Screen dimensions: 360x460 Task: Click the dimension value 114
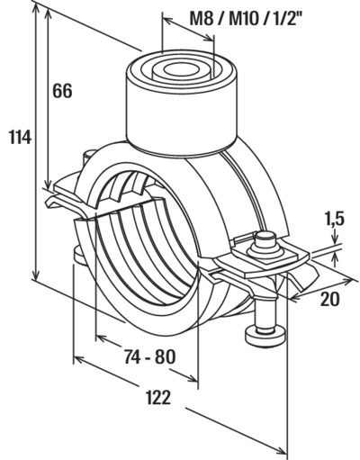(x=20, y=138)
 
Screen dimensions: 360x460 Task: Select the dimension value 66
(x=62, y=91)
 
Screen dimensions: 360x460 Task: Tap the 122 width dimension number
(x=158, y=397)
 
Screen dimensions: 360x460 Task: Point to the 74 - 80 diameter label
(x=149, y=356)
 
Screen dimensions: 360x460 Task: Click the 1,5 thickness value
(x=334, y=220)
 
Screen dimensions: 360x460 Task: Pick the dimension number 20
(x=330, y=299)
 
